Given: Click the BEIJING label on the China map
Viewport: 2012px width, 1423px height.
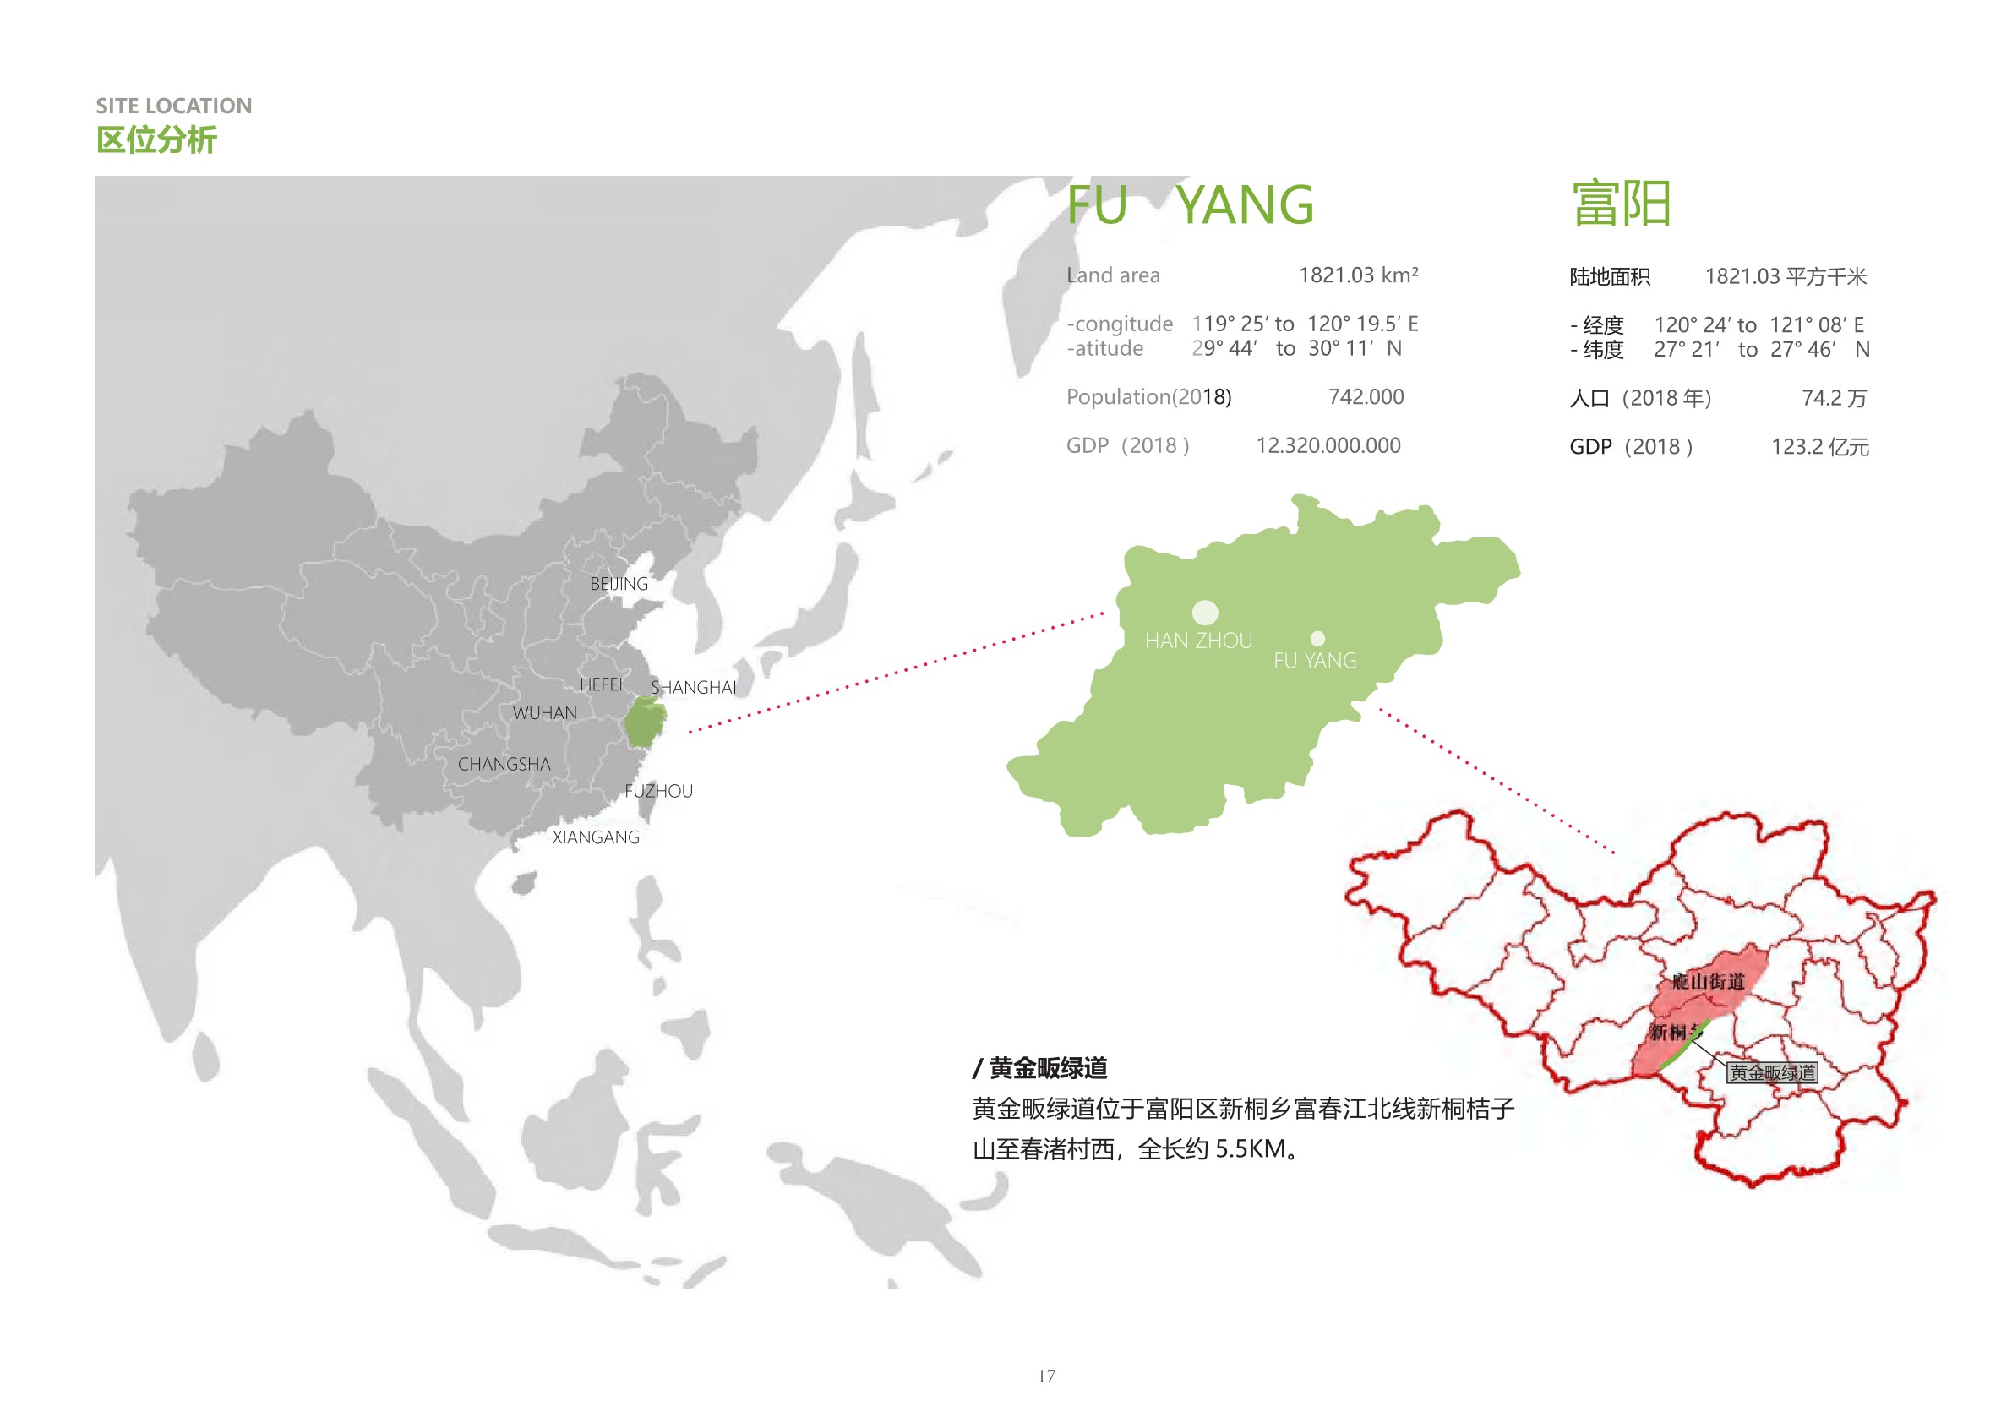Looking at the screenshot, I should (619, 584).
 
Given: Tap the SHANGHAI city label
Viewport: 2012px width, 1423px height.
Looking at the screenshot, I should (693, 687).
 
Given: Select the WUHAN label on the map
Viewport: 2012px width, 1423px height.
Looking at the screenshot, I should (544, 713).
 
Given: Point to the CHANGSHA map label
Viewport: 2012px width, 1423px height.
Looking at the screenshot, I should (504, 764).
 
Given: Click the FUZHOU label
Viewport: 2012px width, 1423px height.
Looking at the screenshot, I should (658, 791).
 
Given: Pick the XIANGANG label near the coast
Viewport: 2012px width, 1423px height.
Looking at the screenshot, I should (595, 837).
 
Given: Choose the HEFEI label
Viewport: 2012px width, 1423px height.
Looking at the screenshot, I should (600, 684).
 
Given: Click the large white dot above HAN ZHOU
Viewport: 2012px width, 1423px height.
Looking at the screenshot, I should (1205, 613).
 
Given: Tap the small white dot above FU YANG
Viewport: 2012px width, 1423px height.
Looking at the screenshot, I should (1317, 639).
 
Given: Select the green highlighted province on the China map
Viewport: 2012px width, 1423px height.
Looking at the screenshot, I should (645, 722).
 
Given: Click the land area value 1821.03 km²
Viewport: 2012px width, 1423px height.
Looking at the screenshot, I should (1358, 275).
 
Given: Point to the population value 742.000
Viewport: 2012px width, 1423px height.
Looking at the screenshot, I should (1366, 397).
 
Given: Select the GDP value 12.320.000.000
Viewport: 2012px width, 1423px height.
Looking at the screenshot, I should (1328, 446).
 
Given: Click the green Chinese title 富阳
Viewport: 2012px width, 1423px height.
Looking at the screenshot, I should (1621, 205).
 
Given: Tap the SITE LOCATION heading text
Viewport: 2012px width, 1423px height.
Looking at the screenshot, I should (173, 106).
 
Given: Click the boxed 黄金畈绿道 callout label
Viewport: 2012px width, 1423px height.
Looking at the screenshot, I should (1771, 1072).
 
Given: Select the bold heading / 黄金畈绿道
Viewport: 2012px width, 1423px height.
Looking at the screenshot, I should (1040, 1068).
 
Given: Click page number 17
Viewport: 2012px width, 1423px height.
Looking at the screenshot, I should (1046, 1377).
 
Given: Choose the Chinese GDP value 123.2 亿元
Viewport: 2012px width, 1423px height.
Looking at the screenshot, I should (1819, 447).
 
